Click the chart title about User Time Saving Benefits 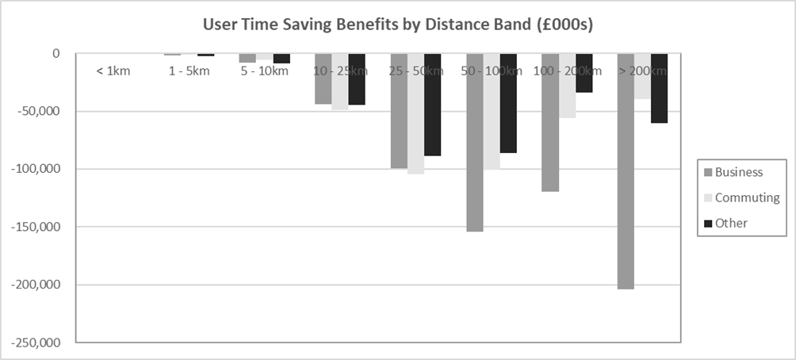point(397,25)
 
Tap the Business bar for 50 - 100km point(474,143)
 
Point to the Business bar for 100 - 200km point(549,123)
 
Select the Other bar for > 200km point(659,88)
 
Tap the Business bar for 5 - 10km point(247,58)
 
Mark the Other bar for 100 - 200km point(584,73)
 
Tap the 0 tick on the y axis point(56,53)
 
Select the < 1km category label point(113,71)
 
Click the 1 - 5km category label point(189,71)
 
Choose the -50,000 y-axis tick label point(36,111)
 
